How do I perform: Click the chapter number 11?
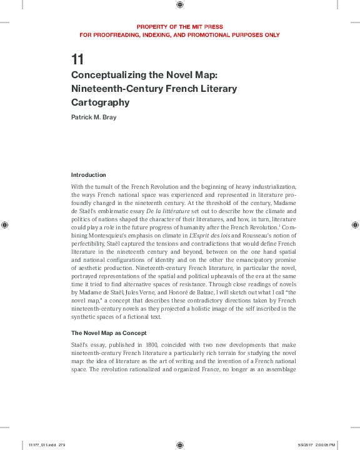point(77,61)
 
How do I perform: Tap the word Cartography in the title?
point(100,102)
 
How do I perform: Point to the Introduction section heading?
point(88,175)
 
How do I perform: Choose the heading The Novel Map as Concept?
point(108,332)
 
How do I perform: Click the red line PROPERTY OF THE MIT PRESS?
point(179,27)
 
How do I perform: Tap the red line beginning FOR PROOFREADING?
point(179,35)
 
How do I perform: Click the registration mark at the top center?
point(180,6)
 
